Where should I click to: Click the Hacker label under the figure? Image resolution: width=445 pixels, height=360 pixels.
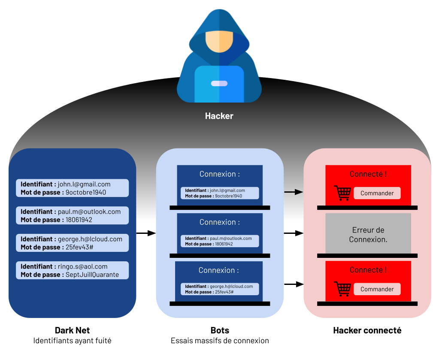point(219,116)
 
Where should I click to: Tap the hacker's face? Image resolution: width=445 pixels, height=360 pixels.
point(219,41)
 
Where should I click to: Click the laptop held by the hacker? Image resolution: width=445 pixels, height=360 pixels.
point(219,84)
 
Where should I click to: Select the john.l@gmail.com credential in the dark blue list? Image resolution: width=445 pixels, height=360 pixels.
point(72,188)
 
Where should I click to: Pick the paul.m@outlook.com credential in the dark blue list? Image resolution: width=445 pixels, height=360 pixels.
point(72,215)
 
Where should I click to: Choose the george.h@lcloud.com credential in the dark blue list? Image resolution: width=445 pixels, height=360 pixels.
point(72,243)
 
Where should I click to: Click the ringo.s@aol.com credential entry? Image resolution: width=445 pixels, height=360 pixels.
point(72,270)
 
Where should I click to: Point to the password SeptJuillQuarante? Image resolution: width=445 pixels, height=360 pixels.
point(92,275)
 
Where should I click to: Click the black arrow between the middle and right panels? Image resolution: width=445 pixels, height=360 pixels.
point(294,192)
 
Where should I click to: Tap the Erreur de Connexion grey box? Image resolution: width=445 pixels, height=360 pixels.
point(368,235)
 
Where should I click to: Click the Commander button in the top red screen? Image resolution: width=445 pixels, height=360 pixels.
point(377,193)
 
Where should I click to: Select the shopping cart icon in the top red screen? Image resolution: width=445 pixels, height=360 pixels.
point(342,193)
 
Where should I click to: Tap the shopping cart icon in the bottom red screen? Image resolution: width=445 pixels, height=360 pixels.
point(342,289)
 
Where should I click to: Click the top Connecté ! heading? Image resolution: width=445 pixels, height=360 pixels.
point(368,174)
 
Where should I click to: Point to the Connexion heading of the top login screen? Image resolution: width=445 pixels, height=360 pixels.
point(219,174)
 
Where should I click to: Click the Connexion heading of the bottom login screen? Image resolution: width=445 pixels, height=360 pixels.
point(218,270)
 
